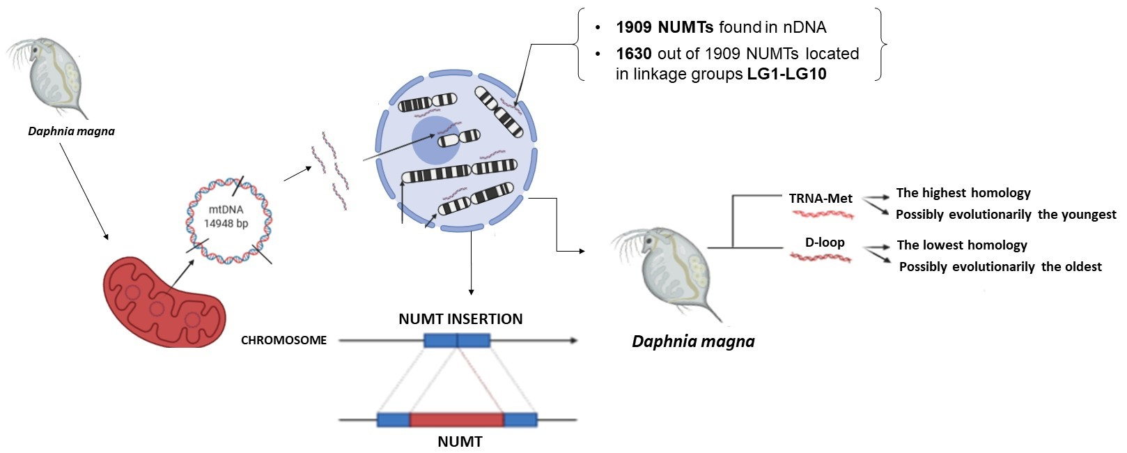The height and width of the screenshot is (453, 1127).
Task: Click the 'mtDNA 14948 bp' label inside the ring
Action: (226, 216)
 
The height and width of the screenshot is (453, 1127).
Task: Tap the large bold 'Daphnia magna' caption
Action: (692, 341)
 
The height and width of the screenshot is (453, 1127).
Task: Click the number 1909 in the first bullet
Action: (633, 27)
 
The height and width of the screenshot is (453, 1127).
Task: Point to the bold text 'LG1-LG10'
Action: (786, 74)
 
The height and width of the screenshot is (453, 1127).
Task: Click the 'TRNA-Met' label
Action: (821, 199)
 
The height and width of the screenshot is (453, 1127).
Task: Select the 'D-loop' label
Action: (825, 243)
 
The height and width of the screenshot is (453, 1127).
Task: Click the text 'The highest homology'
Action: (963, 193)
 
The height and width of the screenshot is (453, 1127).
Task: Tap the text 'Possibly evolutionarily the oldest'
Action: (1000, 267)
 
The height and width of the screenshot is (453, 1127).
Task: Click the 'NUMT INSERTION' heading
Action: (460, 319)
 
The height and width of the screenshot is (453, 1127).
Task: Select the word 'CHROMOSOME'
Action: (283, 341)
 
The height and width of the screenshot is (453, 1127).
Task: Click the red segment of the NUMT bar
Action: (456, 420)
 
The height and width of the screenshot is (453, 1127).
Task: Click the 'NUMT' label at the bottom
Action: (460, 442)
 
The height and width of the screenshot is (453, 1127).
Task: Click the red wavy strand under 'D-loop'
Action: (821, 258)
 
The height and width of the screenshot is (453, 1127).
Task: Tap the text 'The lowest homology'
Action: (961, 245)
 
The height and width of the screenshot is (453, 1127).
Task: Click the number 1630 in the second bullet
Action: (633, 54)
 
